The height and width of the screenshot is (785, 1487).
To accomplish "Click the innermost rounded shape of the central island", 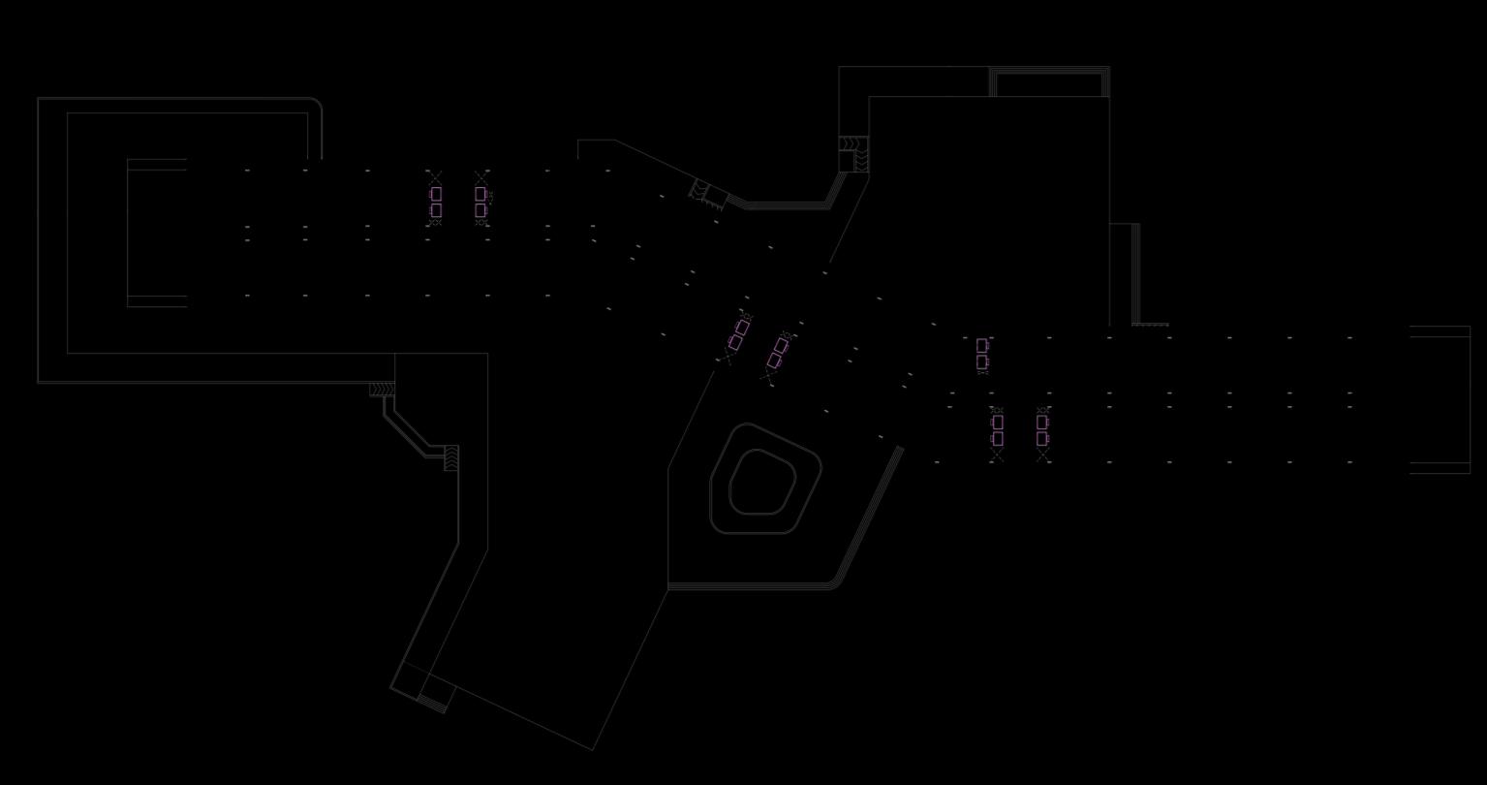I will [x=762, y=482].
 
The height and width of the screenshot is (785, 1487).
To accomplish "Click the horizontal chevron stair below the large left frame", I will [x=383, y=389].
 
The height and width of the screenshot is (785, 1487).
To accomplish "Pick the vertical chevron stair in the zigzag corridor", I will [x=451, y=457].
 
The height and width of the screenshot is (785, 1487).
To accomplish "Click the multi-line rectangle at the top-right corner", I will [x=1048, y=82].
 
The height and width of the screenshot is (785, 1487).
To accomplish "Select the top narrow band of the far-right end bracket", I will [x=1440, y=331].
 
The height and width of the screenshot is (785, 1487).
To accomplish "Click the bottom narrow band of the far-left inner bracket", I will [x=157, y=301].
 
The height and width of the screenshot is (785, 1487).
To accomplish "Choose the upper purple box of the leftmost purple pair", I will [x=436, y=194].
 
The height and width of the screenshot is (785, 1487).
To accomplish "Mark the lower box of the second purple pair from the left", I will [x=480, y=210].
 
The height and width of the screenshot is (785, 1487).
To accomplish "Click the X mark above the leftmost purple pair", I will [x=435, y=176].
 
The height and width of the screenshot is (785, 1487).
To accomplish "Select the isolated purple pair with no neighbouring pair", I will [x=982, y=354].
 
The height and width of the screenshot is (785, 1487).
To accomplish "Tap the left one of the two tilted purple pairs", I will [x=738, y=334].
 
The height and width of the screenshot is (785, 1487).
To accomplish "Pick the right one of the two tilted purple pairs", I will [x=778, y=354].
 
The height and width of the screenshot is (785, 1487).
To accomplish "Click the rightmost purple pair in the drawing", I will [x=1042, y=430].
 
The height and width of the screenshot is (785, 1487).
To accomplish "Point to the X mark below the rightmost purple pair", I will [x=1043, y=455].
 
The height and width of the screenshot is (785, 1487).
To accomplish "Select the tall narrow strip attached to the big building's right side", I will [x=1124, y=274].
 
